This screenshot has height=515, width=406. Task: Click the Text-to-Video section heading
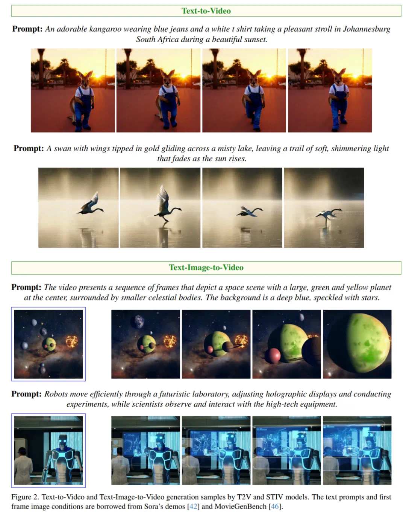point(206,11)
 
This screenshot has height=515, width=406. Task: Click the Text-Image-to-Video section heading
point(206,267)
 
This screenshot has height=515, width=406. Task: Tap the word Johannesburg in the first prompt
point(367,29)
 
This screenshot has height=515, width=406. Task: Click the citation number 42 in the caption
point(193,506)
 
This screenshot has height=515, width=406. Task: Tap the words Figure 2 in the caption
point(25,497)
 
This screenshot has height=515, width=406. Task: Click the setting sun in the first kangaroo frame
point(98,76)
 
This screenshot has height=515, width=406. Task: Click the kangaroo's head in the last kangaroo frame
point(338,76)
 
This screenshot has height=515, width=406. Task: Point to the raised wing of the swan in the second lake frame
point(163,197)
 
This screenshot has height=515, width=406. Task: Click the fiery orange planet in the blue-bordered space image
point(72,341)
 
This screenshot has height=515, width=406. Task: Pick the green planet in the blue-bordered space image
point(49,344)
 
